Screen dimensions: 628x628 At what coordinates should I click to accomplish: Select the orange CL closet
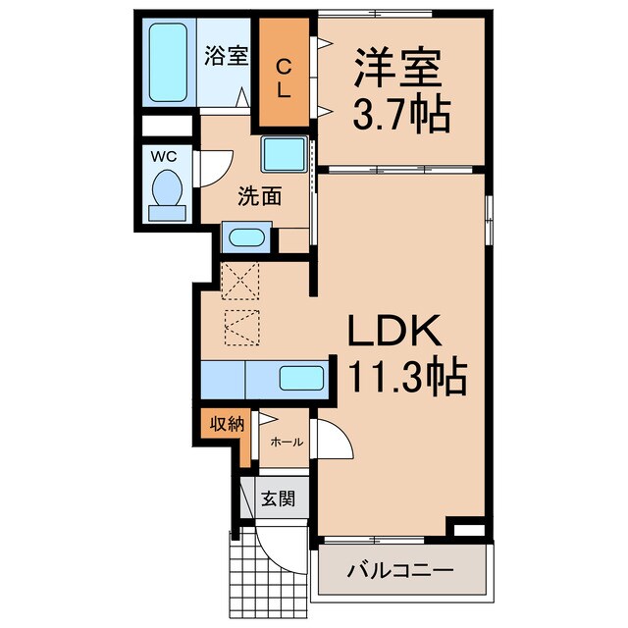point(283,78)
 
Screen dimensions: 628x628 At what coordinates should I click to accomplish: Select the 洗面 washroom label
point(259,195)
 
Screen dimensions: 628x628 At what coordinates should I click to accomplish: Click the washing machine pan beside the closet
point(284,156)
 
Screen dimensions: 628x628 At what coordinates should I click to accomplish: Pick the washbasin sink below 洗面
point(246,237)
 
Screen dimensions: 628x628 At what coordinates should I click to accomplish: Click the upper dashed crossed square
point(240,282)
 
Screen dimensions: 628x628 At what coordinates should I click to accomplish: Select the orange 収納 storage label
point(224,424)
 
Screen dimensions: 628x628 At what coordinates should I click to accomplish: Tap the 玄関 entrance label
point(277,498)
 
